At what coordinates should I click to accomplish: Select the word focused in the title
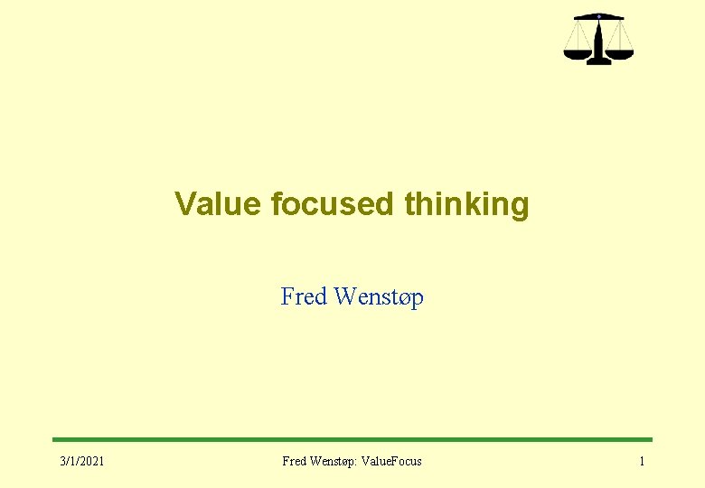333,204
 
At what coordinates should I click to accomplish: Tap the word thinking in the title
466,204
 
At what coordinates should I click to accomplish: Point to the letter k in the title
483,204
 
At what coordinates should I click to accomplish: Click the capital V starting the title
184,204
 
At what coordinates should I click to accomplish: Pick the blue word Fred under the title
305,296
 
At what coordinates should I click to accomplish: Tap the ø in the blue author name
400,298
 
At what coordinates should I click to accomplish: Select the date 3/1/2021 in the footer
82,462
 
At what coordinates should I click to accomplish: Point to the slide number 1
642,462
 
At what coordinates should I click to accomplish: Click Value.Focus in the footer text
390,462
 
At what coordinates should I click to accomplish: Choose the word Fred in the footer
294,462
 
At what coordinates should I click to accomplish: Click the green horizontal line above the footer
352,440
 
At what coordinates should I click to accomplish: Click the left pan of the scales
576,52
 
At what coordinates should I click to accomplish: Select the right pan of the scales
620,52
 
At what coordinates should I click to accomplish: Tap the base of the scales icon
597,61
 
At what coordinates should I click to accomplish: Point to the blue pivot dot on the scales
597,15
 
